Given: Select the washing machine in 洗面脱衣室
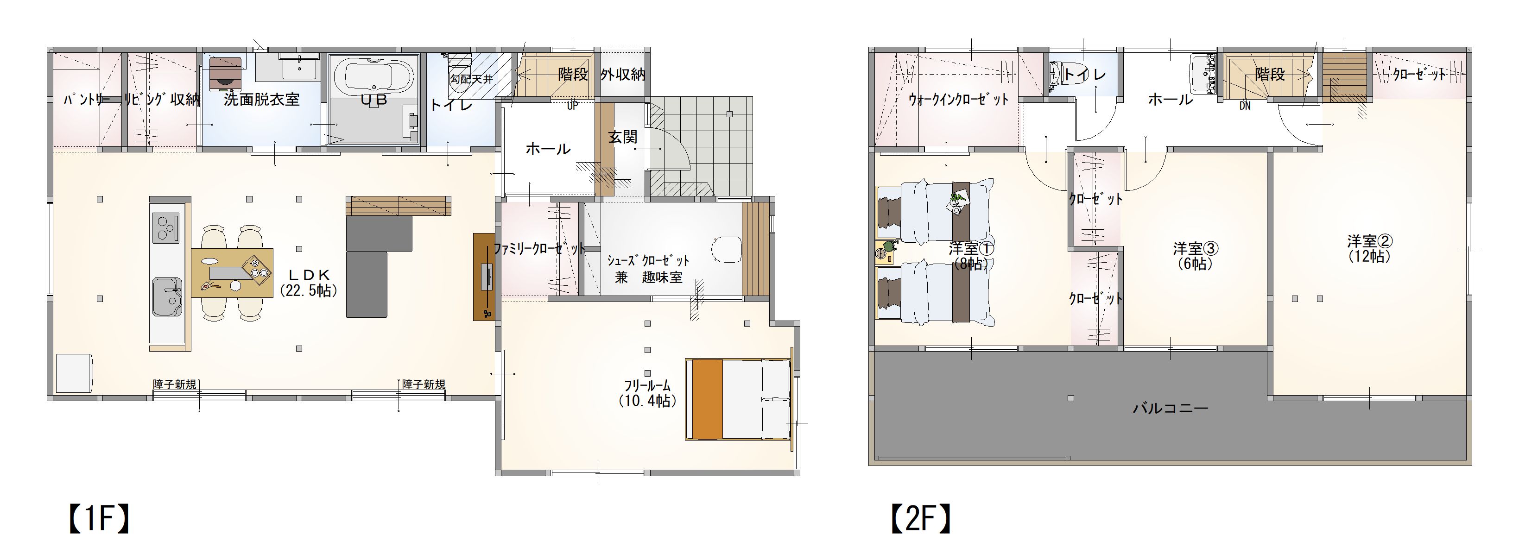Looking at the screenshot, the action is coord(225,74).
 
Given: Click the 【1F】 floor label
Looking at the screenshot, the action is coord(99,518).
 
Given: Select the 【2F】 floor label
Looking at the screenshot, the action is coord(920,518).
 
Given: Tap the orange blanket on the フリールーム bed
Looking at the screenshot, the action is coord(707,399).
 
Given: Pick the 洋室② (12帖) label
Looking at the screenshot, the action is coord(1370,249).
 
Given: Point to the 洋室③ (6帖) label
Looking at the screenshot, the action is coord(1195,256).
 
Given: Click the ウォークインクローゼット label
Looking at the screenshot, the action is coord(958,100).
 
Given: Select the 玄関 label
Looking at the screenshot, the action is coord(623,137).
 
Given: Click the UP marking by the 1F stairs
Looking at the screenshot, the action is coord(572,106).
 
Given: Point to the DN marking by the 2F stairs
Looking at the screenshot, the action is coord(1245,106).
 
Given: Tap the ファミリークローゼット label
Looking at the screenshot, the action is coord(539,249).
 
